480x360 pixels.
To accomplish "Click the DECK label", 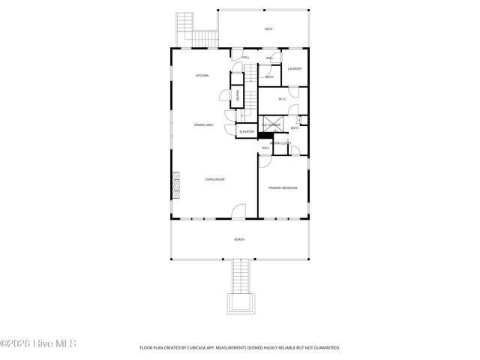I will click(268, 29).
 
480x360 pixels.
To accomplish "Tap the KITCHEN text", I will click(202, 76).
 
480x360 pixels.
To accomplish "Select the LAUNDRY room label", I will click(294, 69).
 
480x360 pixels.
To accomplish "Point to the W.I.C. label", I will click(283, 99).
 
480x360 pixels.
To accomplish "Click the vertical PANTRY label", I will click(238, 95).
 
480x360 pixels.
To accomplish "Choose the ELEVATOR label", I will click(247, 132).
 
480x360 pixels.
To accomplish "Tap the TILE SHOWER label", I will click(271, 124).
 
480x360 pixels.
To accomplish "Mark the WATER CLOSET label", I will click(280, 142).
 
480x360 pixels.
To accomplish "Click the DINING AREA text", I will click(204, 124).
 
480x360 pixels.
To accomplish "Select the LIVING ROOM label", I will click(214, 179).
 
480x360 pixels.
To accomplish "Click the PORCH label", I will click(239, 239).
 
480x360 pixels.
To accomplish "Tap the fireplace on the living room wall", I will click(176, 184).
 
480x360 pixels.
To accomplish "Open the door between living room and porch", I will click(238, 212).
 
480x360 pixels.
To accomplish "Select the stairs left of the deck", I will click(193, 31).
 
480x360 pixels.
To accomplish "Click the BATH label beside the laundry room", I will click(269, 76).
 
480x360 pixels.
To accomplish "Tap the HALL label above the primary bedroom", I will click(265, 148).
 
